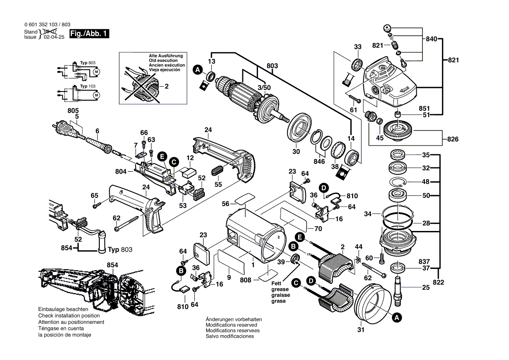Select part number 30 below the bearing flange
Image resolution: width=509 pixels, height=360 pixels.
(x=296, y=152)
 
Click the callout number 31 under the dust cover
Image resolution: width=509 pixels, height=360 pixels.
(x=360, y=329)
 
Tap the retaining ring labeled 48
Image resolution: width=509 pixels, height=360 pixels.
(x=398, y=182)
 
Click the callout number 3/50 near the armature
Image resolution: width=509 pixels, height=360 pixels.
(x=264, y=88)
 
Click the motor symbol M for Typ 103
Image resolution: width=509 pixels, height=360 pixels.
(x=96, y=94)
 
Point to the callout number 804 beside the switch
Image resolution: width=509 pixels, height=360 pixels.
(x=121, y=172)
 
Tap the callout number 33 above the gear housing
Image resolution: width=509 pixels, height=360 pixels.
(x=358, y=47)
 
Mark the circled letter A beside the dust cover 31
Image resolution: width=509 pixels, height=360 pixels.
(x=396, y=319)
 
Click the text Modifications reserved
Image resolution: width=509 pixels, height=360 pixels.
(x=231, y=325)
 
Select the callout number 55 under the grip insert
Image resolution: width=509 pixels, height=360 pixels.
(x=218, y=184)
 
